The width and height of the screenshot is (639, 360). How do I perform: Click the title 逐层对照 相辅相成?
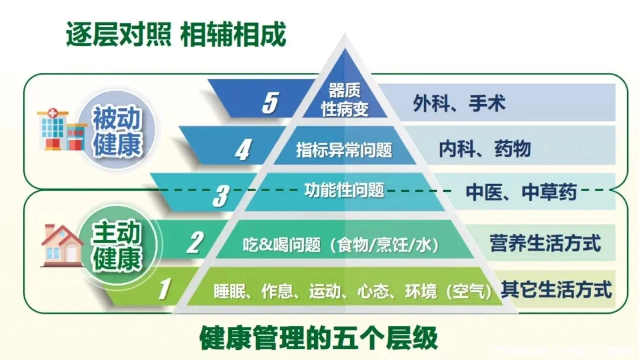(176, 35)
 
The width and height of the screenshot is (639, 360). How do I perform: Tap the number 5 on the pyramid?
(270, 103)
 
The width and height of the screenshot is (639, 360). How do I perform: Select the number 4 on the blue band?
(242, 150)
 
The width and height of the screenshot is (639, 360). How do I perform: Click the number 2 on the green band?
(195, 243)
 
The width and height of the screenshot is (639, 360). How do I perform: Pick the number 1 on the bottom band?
(165, 290)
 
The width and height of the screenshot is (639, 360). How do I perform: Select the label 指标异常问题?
(344, 149)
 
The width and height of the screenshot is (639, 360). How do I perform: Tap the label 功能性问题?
(344, 190)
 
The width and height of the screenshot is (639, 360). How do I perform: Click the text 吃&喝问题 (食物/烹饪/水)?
(345, 243)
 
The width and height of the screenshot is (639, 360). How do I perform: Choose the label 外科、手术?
(459, 104)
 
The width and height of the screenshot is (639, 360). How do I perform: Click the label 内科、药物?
(485, 149)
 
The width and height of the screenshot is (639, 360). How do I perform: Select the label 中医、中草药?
(521, 192)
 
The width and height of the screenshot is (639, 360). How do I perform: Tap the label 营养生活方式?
(545, 243)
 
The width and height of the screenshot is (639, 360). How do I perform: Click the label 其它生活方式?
(556, 290)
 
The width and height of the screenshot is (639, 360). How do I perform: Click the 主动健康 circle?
(117, 247)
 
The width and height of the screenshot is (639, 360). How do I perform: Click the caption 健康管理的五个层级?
(319, 338)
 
